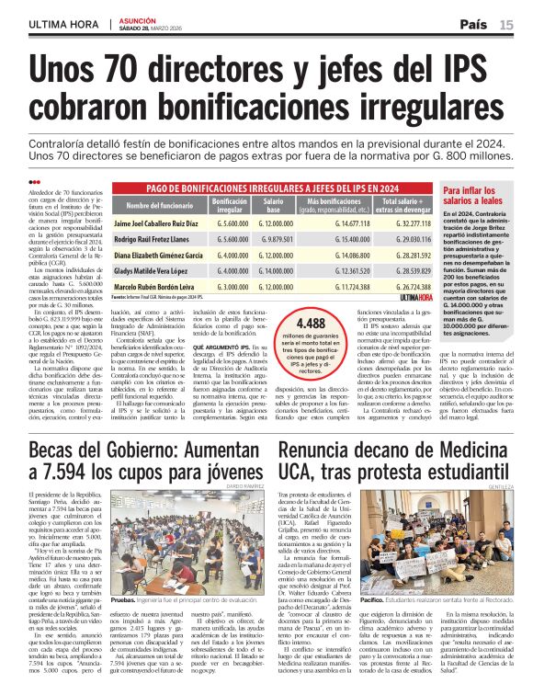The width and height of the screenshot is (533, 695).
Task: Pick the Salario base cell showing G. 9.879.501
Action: [275, 239]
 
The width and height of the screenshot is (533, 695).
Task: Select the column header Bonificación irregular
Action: [230, 204]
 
